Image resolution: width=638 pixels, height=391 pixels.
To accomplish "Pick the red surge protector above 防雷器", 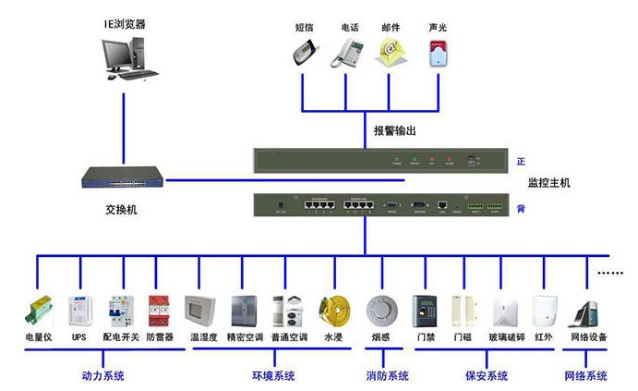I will coord(160,311).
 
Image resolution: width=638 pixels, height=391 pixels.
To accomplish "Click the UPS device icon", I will coord(79,311).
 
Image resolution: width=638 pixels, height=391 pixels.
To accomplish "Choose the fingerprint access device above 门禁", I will coord(426,310).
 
